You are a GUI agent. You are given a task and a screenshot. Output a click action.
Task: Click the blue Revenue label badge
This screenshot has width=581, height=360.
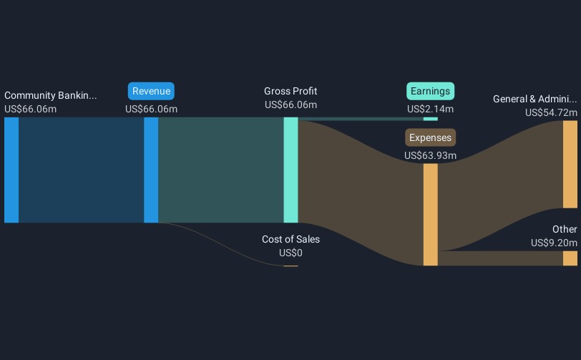[x=151, y=91]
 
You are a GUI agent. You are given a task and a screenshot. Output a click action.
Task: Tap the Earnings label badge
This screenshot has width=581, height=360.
[x=430, y=91]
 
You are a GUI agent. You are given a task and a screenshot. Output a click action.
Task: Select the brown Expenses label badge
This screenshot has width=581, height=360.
[x=430, y=137]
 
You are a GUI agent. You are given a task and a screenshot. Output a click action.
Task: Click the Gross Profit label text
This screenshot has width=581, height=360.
[x=290, y=91]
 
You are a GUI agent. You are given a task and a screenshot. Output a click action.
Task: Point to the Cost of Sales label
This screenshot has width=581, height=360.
[x=290, y=239]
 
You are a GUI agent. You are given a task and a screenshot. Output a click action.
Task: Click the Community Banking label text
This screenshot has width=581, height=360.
[x=50, y=95]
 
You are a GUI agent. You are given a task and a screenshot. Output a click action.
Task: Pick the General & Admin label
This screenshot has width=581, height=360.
[x=534, y=99]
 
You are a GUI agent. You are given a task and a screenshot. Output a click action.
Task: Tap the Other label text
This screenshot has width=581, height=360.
[x=565, y=229]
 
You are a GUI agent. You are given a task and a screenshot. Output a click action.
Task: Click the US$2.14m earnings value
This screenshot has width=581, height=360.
[x=430, y=109]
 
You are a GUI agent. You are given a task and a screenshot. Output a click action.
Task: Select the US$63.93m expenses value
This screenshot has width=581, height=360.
[x=430, y=155]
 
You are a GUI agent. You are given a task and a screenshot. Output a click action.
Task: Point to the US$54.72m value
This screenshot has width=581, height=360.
[x=551, y=112]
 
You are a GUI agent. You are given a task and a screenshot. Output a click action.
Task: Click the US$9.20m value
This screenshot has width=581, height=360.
[x=554, y=243]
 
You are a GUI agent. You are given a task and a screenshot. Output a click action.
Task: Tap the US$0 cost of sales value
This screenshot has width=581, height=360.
[x=290, y=253]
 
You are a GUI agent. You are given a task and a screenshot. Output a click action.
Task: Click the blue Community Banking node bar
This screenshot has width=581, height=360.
[x=11, y=170]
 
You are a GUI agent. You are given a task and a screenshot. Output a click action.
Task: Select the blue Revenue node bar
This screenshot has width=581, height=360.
[x=151, y=170]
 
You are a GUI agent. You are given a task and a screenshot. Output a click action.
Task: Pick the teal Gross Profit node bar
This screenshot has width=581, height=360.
[x=290, y=170]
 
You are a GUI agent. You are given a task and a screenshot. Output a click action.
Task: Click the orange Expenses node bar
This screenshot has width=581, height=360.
[x=430, y=214]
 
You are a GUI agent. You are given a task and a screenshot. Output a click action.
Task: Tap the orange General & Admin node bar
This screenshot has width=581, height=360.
[x=570, y=164]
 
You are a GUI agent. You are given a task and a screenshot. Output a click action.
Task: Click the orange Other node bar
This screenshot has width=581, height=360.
[x=570, y=258]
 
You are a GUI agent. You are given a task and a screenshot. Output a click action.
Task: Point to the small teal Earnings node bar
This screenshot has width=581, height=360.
[x=430, y=119]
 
